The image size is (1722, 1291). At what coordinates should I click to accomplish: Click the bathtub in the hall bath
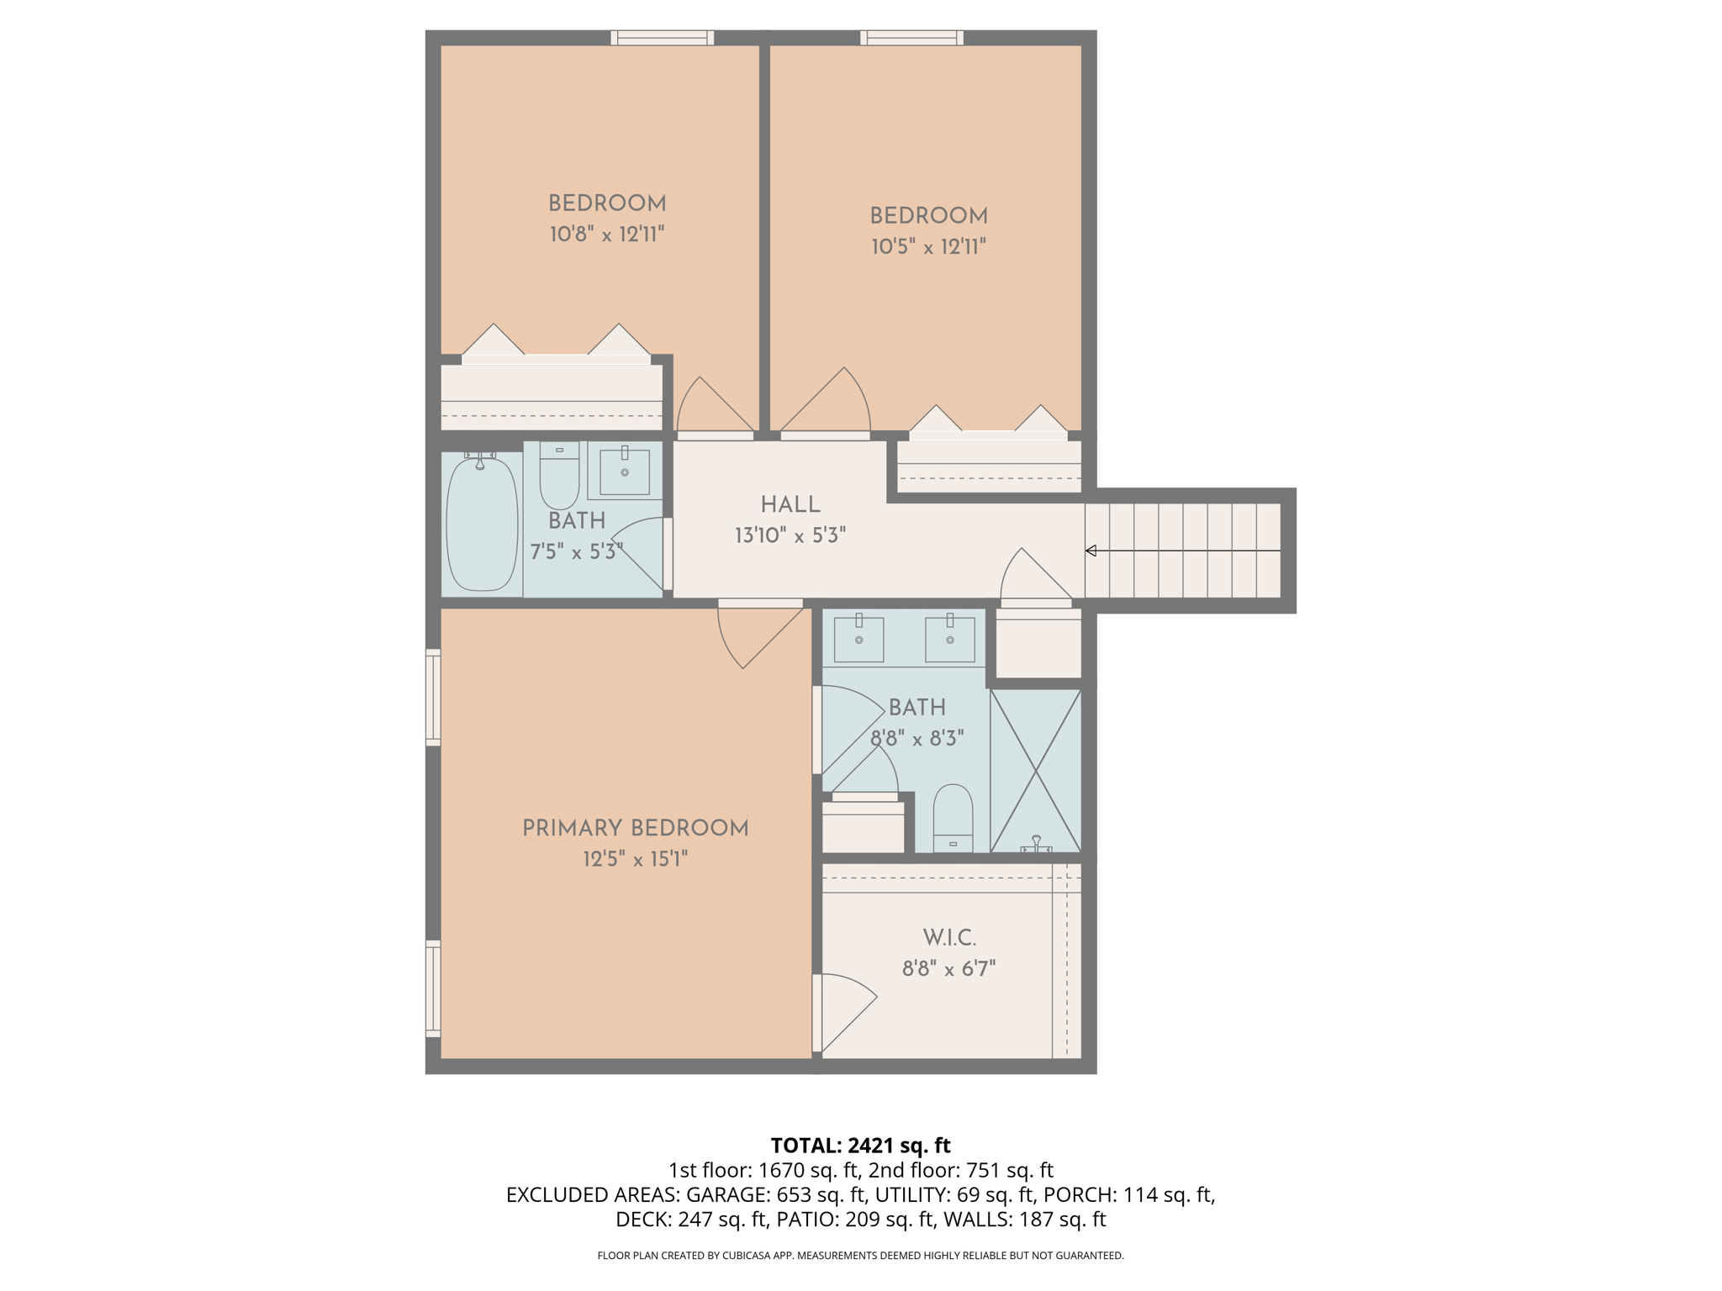pos(482,523)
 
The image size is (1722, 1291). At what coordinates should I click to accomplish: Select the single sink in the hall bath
pos(625,472)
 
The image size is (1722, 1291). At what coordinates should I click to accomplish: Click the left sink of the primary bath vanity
pos(858,640)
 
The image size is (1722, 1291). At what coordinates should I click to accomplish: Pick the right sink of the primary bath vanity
pos(950,640)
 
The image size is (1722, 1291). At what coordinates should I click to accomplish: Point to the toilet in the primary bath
pos(953,818)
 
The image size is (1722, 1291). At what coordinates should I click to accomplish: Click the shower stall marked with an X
pos(1036,770)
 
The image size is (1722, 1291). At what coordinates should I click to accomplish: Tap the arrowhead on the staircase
pos(1091,551)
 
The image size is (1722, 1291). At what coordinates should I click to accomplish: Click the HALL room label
pos(790,505)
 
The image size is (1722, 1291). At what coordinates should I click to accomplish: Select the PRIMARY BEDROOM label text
pos(635,829)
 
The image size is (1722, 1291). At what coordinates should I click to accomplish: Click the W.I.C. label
pos(949,938)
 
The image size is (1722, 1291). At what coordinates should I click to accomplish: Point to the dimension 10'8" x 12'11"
pos(607,234)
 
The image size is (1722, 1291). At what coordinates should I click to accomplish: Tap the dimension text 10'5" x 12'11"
pos(928,247)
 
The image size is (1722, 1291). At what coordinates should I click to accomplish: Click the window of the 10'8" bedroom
pos(662,38)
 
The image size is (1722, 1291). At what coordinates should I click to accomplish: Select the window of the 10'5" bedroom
pos(911,38)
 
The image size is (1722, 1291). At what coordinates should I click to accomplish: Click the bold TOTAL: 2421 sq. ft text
pos(860,1146)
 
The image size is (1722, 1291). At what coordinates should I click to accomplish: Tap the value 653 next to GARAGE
pos(793,1194)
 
